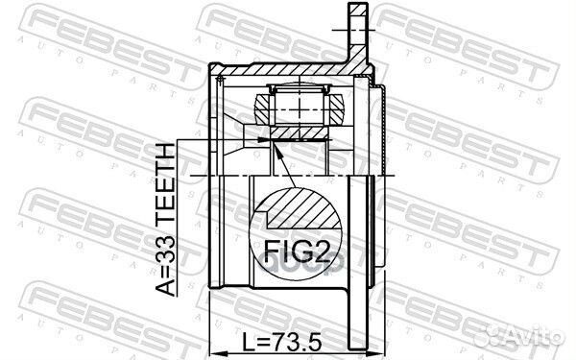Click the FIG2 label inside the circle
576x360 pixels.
click(x=298, y=251)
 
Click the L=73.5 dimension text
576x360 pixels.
click(x=282, y=341)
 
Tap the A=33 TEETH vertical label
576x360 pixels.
click(x=165, y=219)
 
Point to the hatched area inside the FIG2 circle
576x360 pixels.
click(x=302, y=208)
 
